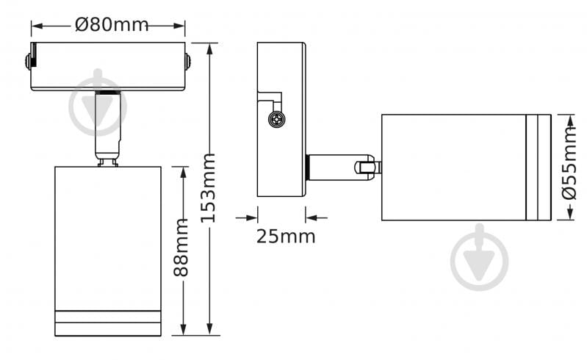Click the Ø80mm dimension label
[111, 25]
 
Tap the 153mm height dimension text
[208, 188]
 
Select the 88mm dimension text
[181, 248]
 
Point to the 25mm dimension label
[286, 237]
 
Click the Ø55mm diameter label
[570, 163]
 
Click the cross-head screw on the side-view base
[278, 120]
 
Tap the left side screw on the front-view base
[28, 62]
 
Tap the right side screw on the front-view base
[187, 62]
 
